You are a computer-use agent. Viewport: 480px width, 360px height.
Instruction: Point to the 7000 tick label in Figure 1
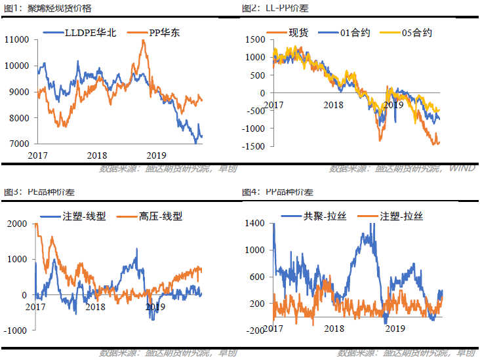[18, 144]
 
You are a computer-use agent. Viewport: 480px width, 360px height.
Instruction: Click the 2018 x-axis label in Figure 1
[96, 155]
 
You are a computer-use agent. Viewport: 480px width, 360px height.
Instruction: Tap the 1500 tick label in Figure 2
[258, 40]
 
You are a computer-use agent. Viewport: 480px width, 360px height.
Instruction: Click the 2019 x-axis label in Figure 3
[154, 306]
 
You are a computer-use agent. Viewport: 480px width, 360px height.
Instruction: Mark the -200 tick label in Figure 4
[256, 331]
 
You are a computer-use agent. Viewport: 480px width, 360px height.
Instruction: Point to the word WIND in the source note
[462, 169]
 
